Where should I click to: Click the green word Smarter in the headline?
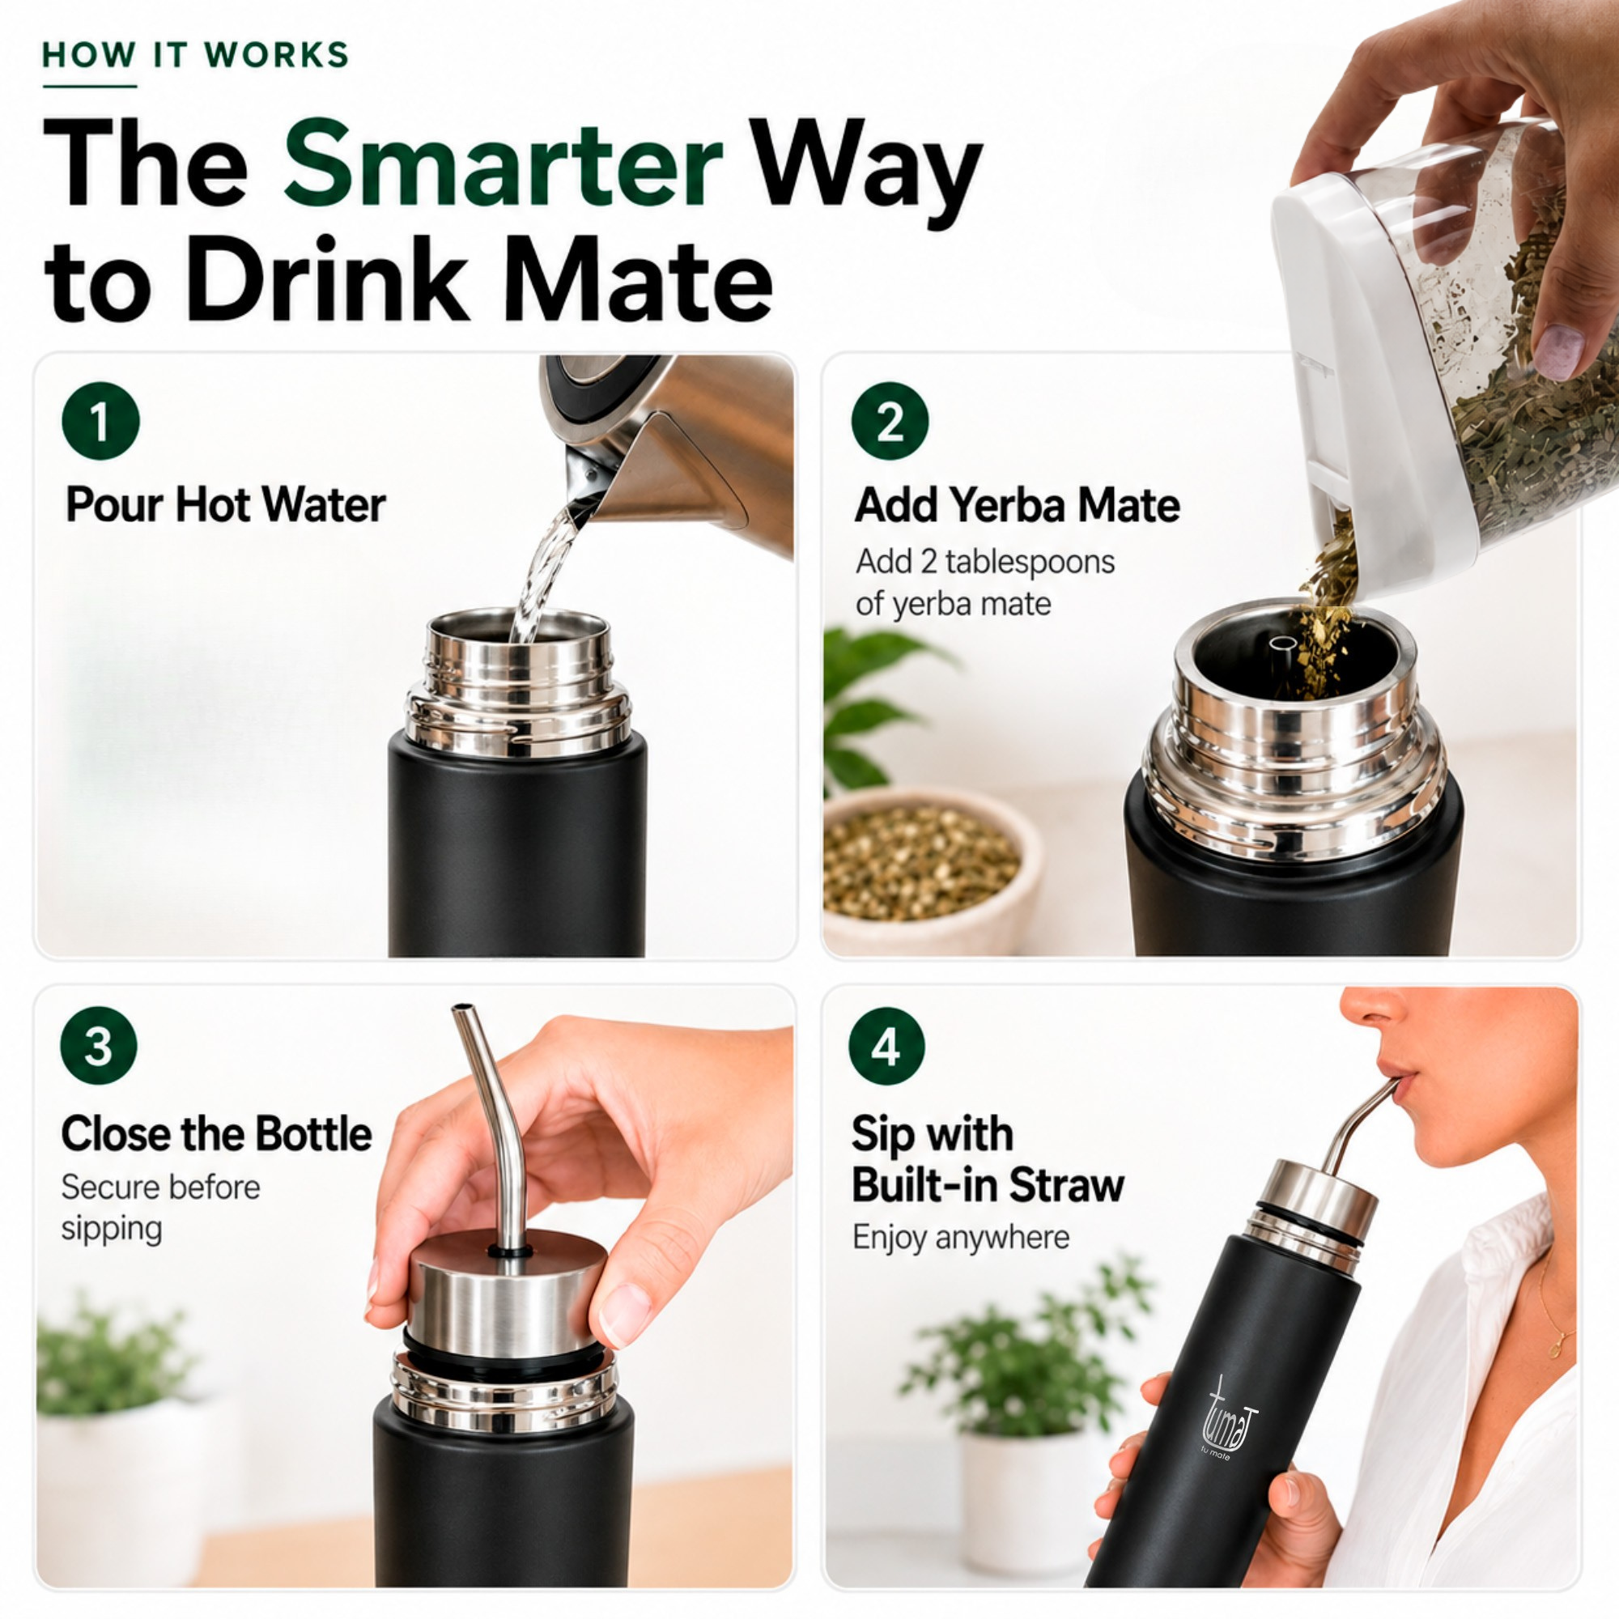click(503, 163)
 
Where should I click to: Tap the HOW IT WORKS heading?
click(195, 55)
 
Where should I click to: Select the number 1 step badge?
click(100, 421)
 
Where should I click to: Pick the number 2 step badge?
click(890, 421)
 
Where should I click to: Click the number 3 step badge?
click(99, 1046)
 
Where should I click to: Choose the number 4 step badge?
click(887, 1046)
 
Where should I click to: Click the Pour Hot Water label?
click(225, 504)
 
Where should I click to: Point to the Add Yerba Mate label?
click(1018, 504)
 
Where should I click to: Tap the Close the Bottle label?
click(216, 1134)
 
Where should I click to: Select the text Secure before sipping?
click(160, 1208)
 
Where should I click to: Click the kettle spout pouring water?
click(587, 478)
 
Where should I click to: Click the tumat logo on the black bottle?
click(1230, 1419)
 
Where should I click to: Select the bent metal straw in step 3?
click(495, 1123)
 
